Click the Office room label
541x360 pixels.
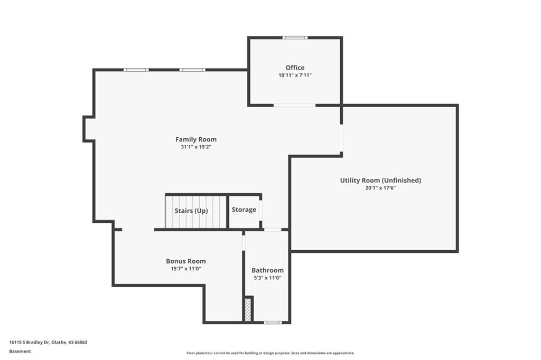tap(295, 68)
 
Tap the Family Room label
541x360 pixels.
tap(196, 139)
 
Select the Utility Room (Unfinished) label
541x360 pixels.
tap(380, 181)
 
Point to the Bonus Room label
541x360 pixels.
tap(186, 261)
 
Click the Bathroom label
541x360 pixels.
tap(268, 270)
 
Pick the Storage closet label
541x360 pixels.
tap(244, 210)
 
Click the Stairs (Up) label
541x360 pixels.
tap(191, 211)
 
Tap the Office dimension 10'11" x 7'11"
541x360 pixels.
tap(295, 75)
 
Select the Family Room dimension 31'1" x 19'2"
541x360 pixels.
tap(196, 147)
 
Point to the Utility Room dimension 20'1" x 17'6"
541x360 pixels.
tap(380, 188)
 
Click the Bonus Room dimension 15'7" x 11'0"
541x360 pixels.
tap(186, 269)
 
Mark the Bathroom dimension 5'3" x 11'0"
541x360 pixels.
tap(268, 278)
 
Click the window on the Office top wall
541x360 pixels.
tap(295, 37)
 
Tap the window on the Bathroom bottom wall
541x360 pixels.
tap(273, 323)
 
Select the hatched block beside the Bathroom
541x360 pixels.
tap(248, 310)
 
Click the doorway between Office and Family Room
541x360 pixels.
tap(295, 105)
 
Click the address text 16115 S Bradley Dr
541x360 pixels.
tap(30, 343)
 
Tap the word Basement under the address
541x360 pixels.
tap(20, 352)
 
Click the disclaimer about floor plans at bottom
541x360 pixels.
tap(270, 353)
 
